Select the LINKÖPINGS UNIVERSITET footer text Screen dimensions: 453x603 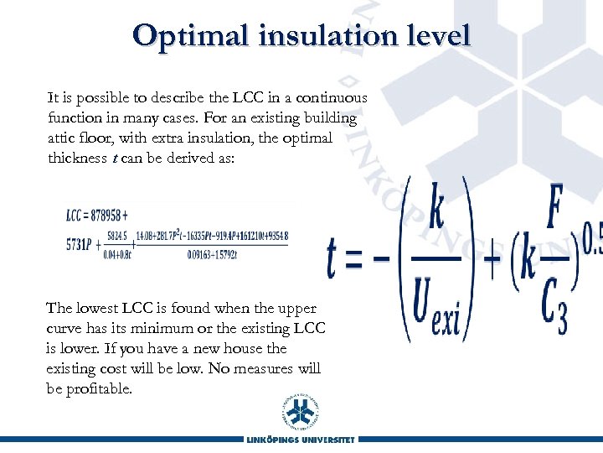[x=301, y=440]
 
